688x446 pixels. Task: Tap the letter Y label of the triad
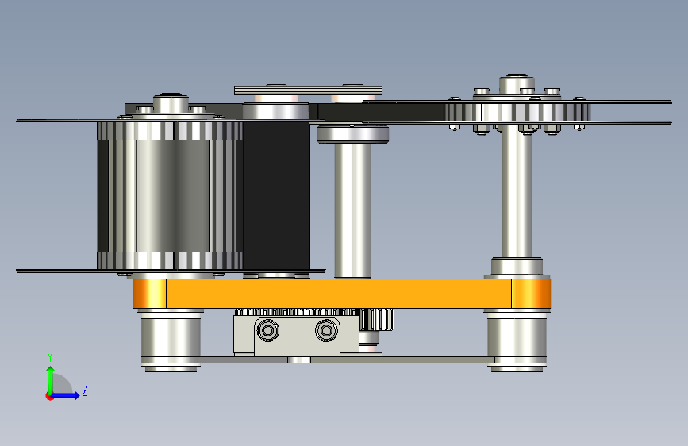tap(50, 357)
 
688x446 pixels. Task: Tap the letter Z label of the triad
tap(85, 390)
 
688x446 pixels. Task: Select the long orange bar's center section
tap(339, 294)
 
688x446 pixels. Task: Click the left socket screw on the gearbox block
tap(267, 329)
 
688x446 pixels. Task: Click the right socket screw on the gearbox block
tap(326, 329)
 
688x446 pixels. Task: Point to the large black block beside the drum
tap(276, 195)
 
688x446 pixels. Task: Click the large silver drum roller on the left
tap(170, 195)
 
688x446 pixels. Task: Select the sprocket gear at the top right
tap(517, 111)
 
